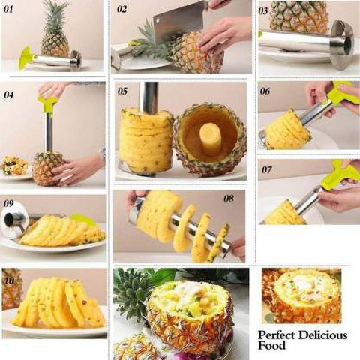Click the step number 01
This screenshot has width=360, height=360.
[x=7, y=10]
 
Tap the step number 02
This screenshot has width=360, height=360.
[x=121, y=9]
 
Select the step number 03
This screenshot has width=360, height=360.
[x=263, y=11]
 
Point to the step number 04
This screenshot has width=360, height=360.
[x=9, y=94]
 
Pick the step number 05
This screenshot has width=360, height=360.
[x=122, y=91]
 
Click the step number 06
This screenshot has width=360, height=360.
[x=265, y=91]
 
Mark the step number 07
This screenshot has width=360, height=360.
[x=267, y=170]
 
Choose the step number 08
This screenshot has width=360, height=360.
[x=229, y=199]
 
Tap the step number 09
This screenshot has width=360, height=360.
[x=8, y=203]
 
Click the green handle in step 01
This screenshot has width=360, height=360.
[x=26, y=58]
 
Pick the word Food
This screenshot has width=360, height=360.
[x=271, y=346]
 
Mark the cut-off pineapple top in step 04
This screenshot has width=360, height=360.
[x=14, y=166]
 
